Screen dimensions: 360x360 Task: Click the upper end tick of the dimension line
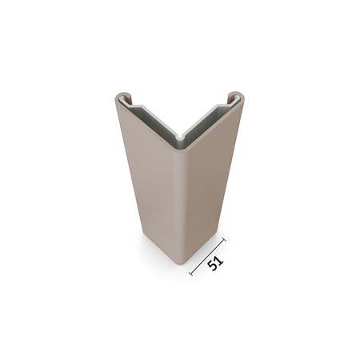pyautogui.click(x=224, y=238)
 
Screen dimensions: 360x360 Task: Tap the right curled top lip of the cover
pyautogui.click(x=237, y=97)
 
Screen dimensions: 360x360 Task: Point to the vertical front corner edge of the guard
pyautogui.click(x=181, y=200)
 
